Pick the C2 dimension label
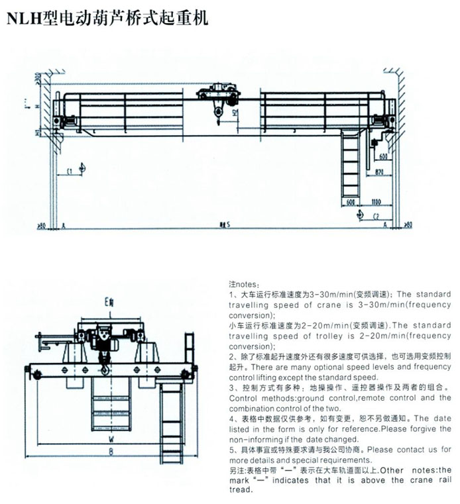click(376, 216)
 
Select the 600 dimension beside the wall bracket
click(384, 156)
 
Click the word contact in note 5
click(405, 449)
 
